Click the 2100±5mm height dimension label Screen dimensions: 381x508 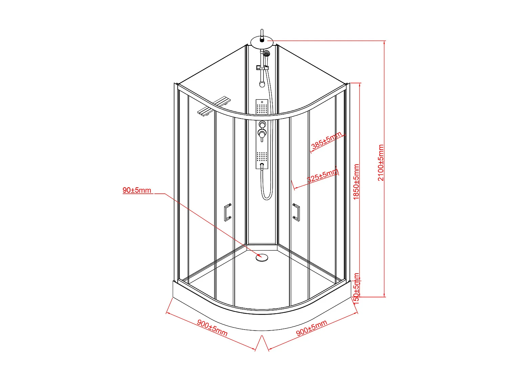tap(381, 163)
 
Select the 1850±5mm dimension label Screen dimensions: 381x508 tap(356, 182)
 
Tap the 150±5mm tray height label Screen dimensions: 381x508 tap(356, 288)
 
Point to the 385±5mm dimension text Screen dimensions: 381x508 tap(326, 140)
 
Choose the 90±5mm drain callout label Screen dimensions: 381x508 tap(137, 190)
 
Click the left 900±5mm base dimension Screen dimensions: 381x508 tap(212, 328)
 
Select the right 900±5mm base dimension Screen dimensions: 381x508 tap(312, 327)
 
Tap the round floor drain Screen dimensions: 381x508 tap(262, 257)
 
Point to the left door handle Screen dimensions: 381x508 tap(227, 212)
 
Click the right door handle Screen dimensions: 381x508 tap(297, 212)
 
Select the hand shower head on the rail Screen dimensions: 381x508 tap(267, 54)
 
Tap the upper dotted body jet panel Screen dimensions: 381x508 tap(262, 108)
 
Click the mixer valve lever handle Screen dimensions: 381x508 tap(262, 134)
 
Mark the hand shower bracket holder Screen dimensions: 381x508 tap(262, 68)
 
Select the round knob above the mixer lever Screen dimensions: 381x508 tap(262, 124)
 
